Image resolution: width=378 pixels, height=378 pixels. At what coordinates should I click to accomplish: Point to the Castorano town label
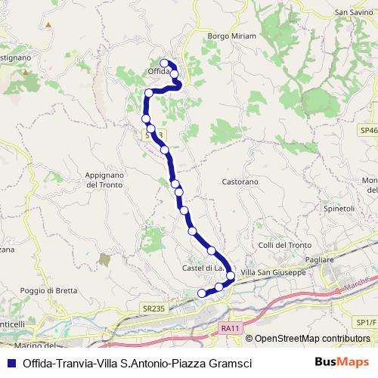(x=240, y=182)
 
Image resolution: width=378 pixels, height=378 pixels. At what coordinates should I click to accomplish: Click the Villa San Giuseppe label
(x=273, y=272)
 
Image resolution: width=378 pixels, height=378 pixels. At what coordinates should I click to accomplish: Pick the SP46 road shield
(x=368, y=131)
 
